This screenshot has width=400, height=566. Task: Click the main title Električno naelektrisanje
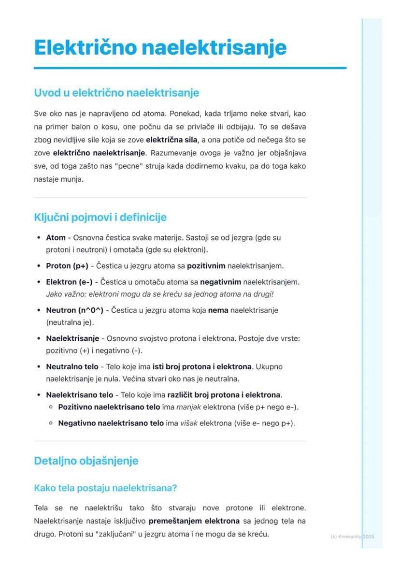pos(160,48)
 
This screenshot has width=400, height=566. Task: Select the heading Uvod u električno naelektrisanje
pos(116,92)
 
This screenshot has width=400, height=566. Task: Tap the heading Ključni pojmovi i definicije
pos(100,217)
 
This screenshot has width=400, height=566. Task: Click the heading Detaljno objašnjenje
pos(86,461)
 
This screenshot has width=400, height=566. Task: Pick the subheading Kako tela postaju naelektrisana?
pos(106,488)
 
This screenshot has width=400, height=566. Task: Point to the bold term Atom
pos(56,238)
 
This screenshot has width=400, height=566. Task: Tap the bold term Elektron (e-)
pos(69,281)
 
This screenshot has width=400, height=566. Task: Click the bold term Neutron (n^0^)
pos(74,310)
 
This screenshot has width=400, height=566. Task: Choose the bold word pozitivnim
pos(206,265)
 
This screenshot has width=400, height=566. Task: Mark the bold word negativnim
pos(221,281)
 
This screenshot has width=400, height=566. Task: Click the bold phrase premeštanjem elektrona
pos(194,521)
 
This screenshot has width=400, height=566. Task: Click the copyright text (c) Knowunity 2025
pos(353,537)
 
